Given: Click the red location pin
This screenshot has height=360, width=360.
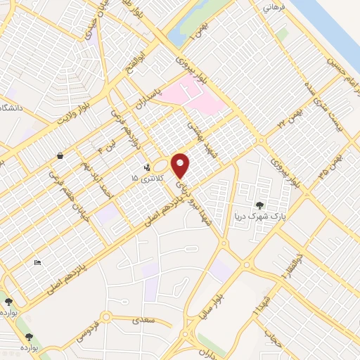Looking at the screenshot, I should [x=181, y=165].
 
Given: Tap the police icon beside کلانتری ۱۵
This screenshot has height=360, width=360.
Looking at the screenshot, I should [x=146, y=168].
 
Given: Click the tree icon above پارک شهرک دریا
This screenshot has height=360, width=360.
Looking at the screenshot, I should [x=261, y=205].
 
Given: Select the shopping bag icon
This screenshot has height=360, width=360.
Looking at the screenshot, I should [x=61, y=155].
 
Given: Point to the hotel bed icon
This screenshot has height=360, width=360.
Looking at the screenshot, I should [x=37, y=262].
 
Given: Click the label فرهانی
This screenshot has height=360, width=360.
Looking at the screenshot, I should [x=271, y=8].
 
